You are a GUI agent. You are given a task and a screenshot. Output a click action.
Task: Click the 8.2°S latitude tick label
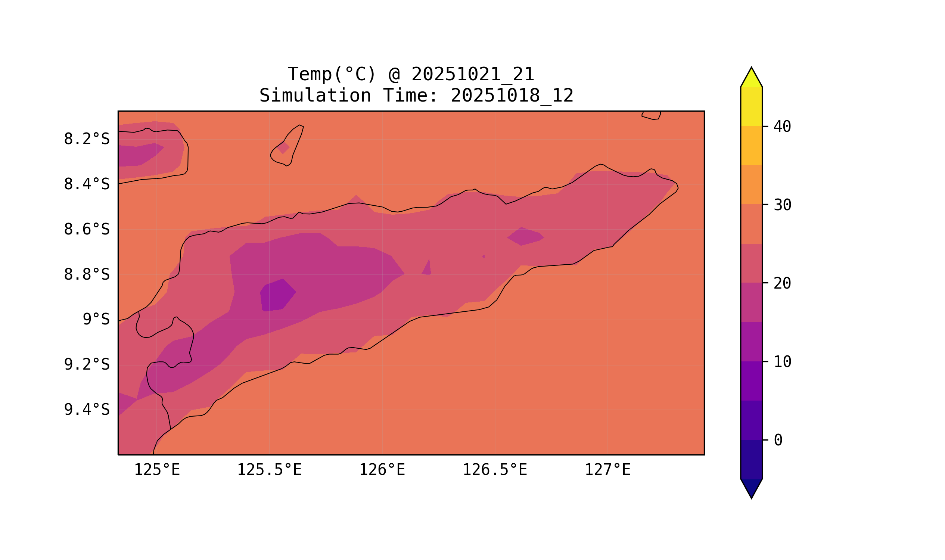[86, 139]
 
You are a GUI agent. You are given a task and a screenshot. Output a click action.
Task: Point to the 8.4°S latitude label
[86, 184]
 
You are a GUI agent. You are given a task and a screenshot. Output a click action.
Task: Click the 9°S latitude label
[96, 320]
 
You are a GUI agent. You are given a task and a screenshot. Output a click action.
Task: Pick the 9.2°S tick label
[86, 365]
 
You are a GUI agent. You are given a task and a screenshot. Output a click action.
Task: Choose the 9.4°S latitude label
[86, 410]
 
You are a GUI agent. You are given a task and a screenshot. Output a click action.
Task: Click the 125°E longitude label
[157, 470]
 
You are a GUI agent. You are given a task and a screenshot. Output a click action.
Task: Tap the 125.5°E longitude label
[269, 470]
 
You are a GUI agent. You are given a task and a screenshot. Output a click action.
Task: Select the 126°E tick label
[382, 470]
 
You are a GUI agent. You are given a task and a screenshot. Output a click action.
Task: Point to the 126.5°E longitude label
[495, 470]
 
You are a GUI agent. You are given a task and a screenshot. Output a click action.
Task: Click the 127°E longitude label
[607, 470]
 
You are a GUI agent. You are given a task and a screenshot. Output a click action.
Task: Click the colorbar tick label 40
[782, 127]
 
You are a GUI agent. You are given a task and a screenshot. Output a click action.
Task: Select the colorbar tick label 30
[782, 205]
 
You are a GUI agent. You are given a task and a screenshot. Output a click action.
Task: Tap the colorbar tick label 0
[778, 441]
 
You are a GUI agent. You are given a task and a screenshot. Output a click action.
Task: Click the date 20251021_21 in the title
[473, 74]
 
